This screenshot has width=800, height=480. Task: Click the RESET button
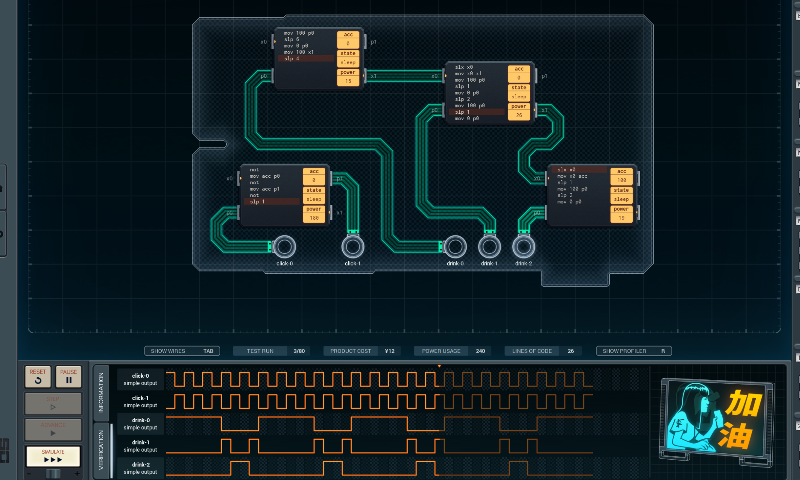click(38, 376)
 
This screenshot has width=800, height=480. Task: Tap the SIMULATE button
click(53, 456)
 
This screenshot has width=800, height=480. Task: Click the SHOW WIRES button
click(182, 351)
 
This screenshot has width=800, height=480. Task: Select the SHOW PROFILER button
click(634, 351)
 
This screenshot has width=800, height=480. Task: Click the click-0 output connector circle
click(285, 247)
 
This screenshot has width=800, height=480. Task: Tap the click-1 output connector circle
click(353, 247)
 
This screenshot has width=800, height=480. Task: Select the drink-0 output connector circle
click(455, 247)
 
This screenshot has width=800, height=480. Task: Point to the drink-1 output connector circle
click(489, 247)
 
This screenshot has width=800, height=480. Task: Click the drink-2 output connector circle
click(524, 247)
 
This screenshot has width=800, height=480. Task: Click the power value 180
click(314, 218)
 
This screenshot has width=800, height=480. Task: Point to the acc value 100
click(621, 180)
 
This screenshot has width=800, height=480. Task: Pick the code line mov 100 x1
click(299, 52)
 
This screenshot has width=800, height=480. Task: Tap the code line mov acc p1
click(265, 189)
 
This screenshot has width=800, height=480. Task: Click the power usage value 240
click(480, 351)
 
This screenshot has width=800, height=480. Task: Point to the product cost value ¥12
click(389, 351)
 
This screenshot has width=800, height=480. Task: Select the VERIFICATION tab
click(101, 450)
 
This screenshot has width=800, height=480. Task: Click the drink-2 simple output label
click(140, 468)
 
